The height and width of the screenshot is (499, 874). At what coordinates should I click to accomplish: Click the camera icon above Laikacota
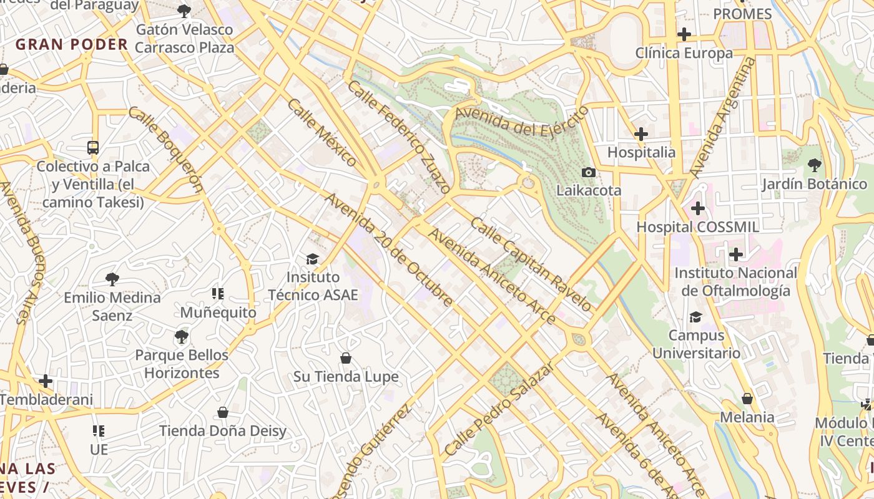pos(588,172)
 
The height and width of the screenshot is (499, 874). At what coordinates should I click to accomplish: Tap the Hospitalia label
pos(641,152)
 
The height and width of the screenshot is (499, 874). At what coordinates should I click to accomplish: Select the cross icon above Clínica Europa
pos(684,34)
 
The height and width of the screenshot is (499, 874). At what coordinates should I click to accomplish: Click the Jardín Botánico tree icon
pos(814,165)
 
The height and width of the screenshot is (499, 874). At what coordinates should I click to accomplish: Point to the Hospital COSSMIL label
pos(697,227)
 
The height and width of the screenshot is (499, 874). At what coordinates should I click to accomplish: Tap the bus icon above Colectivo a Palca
pos(93,148)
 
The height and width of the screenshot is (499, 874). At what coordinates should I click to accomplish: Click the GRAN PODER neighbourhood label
pos(72,44)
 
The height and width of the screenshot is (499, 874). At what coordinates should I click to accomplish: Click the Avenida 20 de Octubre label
pos(389,250)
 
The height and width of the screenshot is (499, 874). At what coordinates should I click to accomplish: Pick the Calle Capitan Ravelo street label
pos(531,264)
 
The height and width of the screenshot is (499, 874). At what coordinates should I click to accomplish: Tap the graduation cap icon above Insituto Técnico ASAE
pos(312,259)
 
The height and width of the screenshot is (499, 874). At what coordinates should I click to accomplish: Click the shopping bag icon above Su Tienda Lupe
pos(346,358)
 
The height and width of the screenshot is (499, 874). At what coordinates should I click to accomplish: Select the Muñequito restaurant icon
pos(218,294)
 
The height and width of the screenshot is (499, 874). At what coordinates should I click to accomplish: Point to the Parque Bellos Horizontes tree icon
pos(182,337)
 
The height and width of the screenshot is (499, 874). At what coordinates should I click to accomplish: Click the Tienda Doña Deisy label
pos(223,431)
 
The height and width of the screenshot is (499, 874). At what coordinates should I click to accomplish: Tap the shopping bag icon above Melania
pos(747,399)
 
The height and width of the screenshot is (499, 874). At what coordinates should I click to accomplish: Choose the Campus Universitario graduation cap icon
pos(695,317)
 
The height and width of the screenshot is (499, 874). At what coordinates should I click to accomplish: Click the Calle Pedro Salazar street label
pos(499,408)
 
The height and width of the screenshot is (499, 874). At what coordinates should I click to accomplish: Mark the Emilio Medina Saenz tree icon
pos(112,279)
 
